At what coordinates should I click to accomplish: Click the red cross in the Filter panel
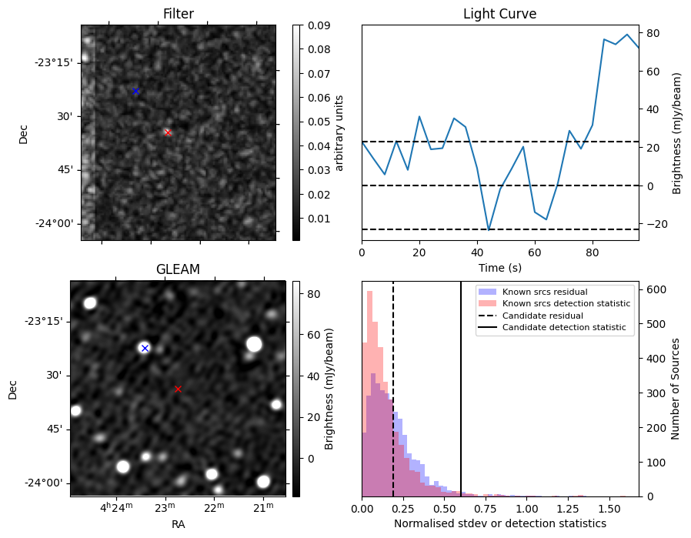point(168,132)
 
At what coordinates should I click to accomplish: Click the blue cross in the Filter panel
point(135,91)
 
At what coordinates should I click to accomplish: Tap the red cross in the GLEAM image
point(178,389)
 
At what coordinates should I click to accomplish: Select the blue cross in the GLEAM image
point(145,348)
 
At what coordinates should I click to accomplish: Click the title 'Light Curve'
point(499,14)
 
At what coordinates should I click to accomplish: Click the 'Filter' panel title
point(179,14)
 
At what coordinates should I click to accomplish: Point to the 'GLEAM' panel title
point(178,269)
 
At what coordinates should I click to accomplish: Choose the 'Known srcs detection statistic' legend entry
point(566,304)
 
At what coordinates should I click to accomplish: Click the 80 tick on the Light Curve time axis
point(593,251)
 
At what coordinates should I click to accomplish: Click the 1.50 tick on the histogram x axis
point(609,509)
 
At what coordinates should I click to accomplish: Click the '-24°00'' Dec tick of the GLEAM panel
point(48,483)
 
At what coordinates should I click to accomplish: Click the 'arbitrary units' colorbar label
point(339,132)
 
